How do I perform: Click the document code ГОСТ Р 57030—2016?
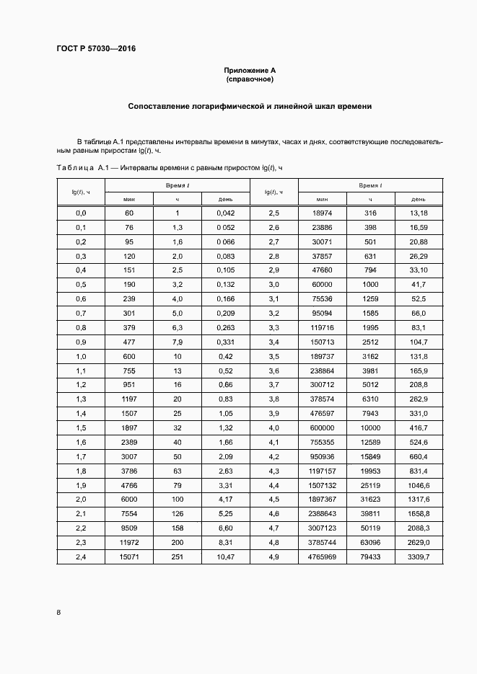96,49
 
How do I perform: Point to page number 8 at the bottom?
58,612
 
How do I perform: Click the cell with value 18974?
322,213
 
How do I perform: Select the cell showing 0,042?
225,213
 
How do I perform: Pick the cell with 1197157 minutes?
322,470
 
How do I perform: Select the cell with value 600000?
322,427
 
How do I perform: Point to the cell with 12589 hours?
370,441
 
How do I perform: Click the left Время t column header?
177,185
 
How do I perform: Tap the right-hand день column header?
418,198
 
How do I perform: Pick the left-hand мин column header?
129,198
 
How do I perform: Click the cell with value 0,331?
225,342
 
